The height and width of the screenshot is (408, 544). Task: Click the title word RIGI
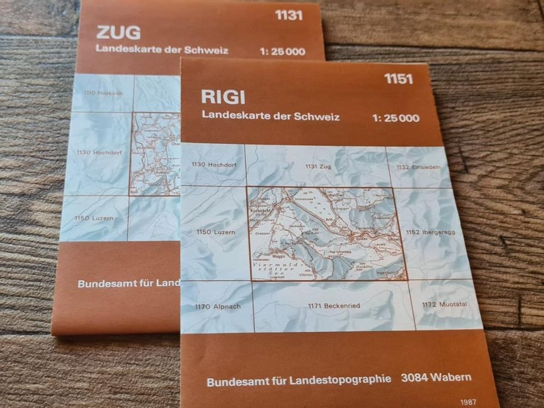pyautogui.click(x=223, y=97)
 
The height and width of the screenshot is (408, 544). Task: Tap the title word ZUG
pyautogui.click(x=118, y=33)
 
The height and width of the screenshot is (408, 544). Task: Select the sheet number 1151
pyautogui.click(x=398, y=79)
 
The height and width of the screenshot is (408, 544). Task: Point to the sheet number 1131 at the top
pyautogui.click(x=289, y=15)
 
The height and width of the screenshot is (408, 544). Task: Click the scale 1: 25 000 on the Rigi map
pyautogui.click(x=395, y=118)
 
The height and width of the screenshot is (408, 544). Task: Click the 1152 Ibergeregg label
pyautogui.click(x=430, y=232)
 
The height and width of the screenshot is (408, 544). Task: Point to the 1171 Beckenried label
pyautogui.click(x=333, y=306)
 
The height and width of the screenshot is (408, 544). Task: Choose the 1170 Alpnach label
pyautogui.click(x=217, y=306)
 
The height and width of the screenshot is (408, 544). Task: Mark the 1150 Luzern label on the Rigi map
pyautogui.click(x=215, y=232)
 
